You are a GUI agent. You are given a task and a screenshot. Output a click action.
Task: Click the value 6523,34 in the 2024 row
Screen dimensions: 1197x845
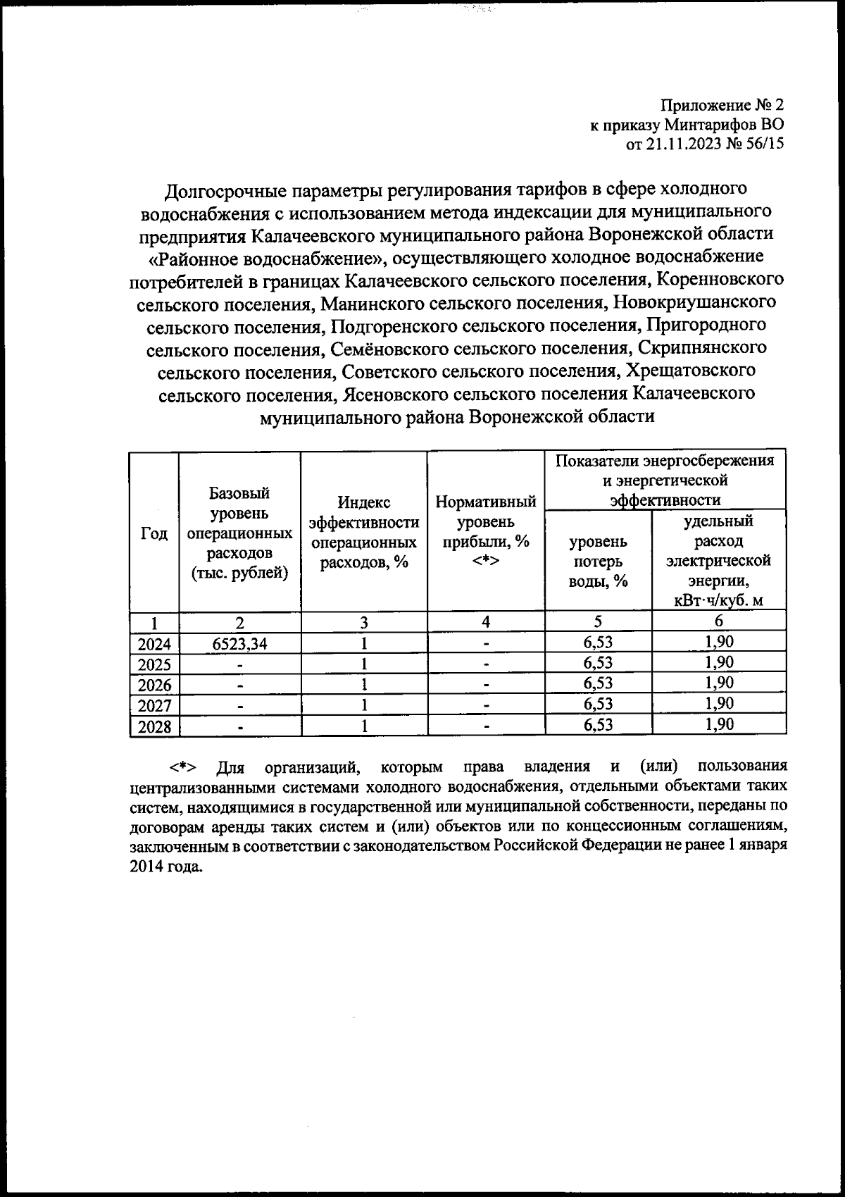click(x=239, y=643)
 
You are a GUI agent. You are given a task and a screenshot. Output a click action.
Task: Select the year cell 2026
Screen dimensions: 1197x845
click(x=154, y=685)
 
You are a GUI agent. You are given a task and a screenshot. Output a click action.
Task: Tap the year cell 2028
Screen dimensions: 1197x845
click(x=154, y=726)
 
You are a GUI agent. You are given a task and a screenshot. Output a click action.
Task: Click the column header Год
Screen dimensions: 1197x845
click(x=154, y=533)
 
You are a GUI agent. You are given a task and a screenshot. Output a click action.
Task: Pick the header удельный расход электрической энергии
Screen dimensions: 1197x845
click(x=718, y=561)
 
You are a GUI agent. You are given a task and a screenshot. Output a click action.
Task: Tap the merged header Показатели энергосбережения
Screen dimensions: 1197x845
click(x=665, y=480)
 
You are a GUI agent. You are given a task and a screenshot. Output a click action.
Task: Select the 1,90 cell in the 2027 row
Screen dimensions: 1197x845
click(x=719, y=704)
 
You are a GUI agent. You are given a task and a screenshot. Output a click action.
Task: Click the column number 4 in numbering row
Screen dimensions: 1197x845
click(x=486, y=622)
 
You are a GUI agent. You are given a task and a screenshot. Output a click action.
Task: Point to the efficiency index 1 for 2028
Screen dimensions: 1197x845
click(x=364, y=726)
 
